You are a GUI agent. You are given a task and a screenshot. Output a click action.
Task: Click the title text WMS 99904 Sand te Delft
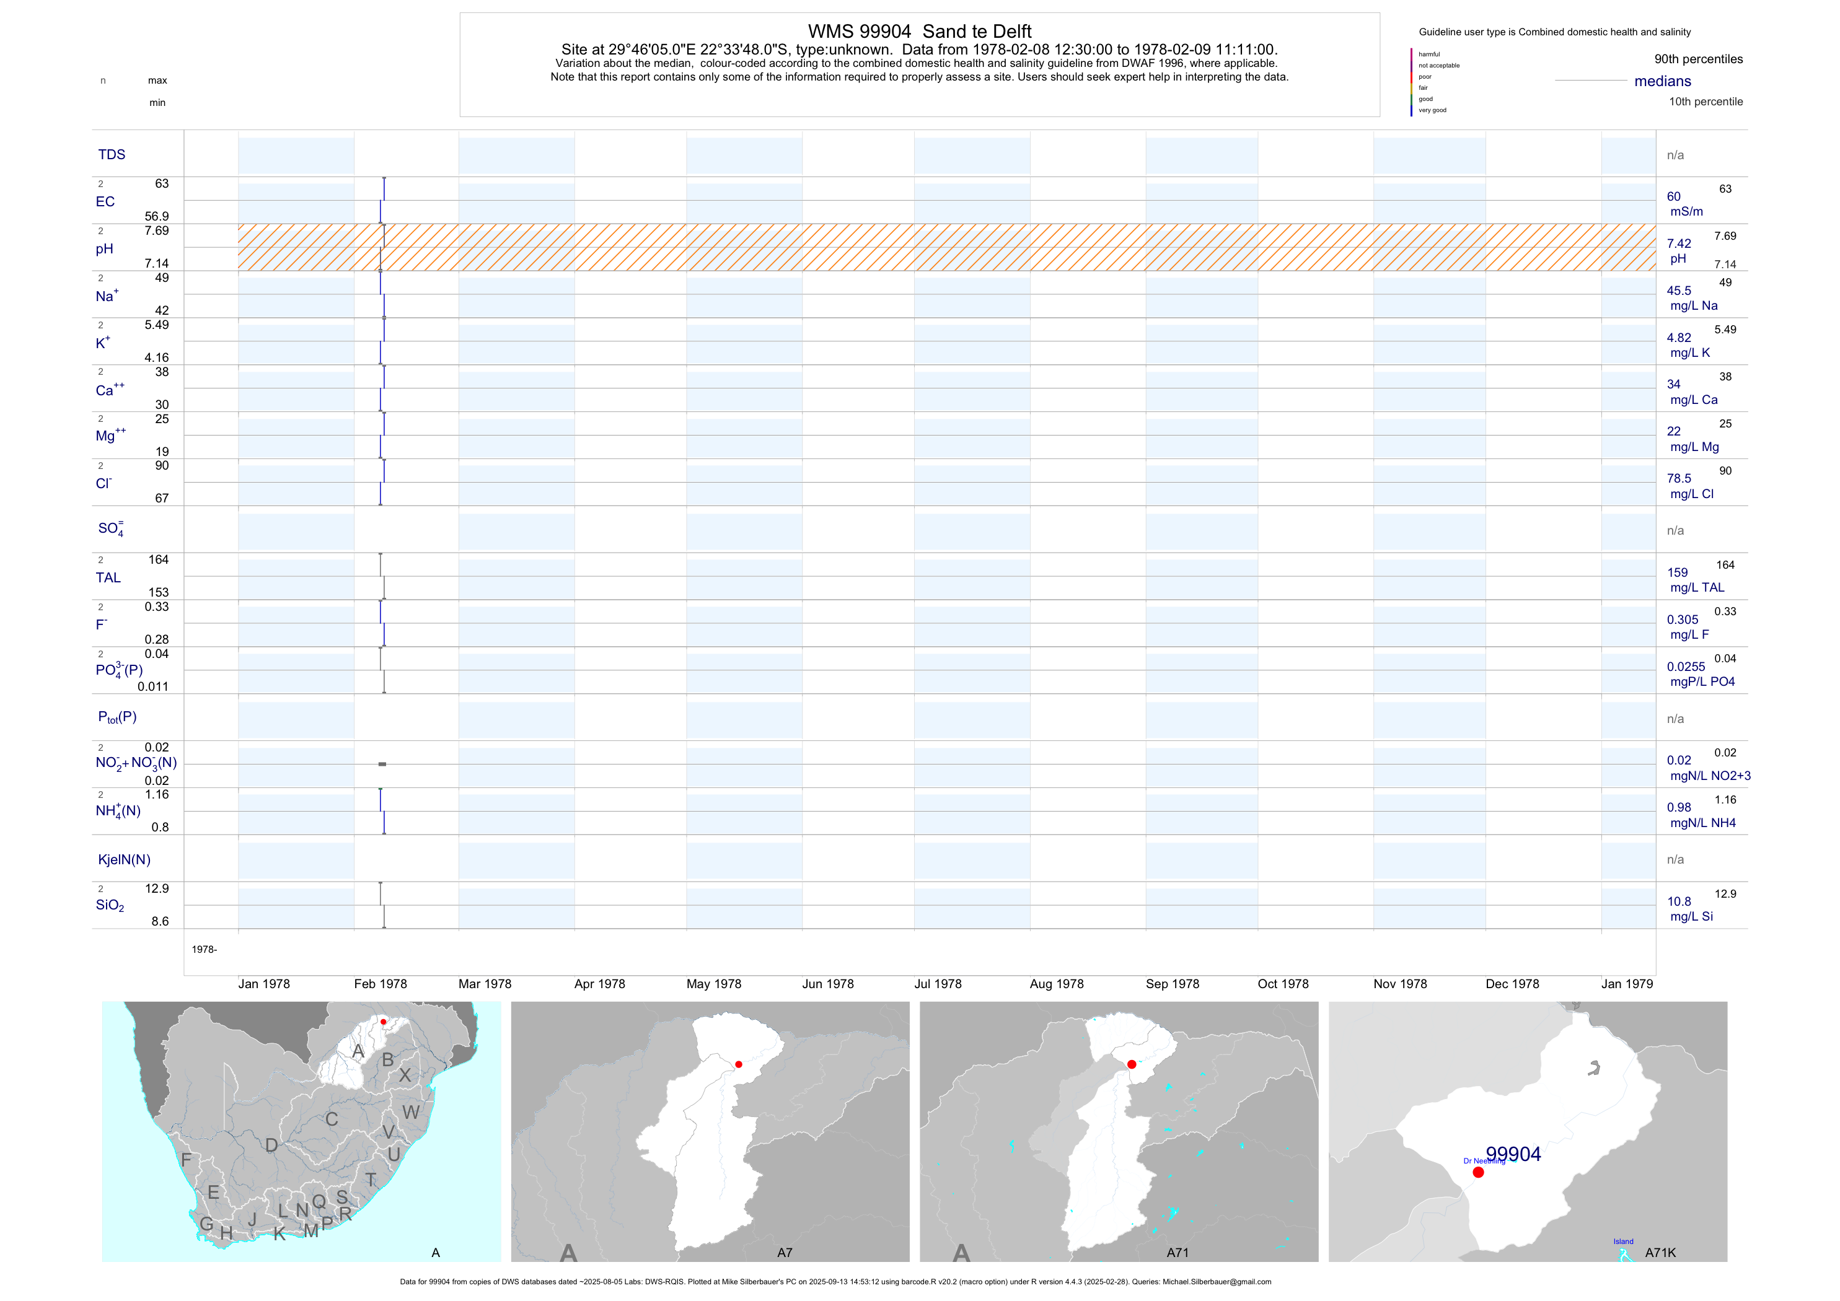tap(919, 31)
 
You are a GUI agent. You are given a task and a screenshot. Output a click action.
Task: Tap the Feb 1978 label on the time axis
tap(380, 984)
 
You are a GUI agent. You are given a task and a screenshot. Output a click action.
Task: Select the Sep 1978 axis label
tap(1172, 984)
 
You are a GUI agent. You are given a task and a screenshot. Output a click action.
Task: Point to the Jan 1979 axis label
tap(1626, 984)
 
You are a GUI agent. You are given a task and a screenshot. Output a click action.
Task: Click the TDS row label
tap(112, 155)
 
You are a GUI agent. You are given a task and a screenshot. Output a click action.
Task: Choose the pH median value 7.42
tap(1678, 243)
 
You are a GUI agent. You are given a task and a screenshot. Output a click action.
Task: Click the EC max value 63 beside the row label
tap(162, 183)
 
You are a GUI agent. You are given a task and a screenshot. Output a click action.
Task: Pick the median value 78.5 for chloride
tap(1678, 478)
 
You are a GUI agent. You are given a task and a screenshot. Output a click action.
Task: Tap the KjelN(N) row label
tap(124, 860)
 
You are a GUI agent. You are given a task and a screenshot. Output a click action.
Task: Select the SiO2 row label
tap(110, 905)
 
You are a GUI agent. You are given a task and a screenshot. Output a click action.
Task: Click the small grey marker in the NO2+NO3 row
tap(382, 764)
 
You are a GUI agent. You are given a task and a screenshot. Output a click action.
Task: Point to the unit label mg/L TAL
tap(1697, 587)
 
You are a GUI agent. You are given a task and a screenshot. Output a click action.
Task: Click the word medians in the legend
tap(1662, 81)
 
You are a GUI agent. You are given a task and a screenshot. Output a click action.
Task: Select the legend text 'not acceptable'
tap(1438, 66)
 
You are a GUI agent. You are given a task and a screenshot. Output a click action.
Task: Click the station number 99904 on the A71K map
tap(1513, 1154)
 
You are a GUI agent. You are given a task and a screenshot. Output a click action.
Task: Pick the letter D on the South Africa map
tap(271, 1145)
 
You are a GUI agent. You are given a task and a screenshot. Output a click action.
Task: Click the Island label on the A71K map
tap(1623, 1242)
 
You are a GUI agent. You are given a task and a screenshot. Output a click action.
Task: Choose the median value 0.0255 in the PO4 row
tap(1685, 667)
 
